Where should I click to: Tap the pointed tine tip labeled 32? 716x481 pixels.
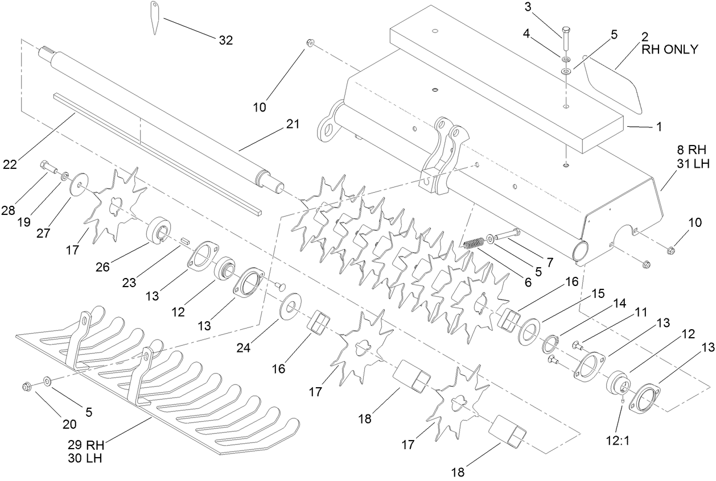coord(155,17)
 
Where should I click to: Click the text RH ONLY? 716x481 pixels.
coord(669,49)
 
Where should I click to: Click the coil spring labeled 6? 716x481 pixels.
coord(472,243)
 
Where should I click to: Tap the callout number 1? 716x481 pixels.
coord(659,128)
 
